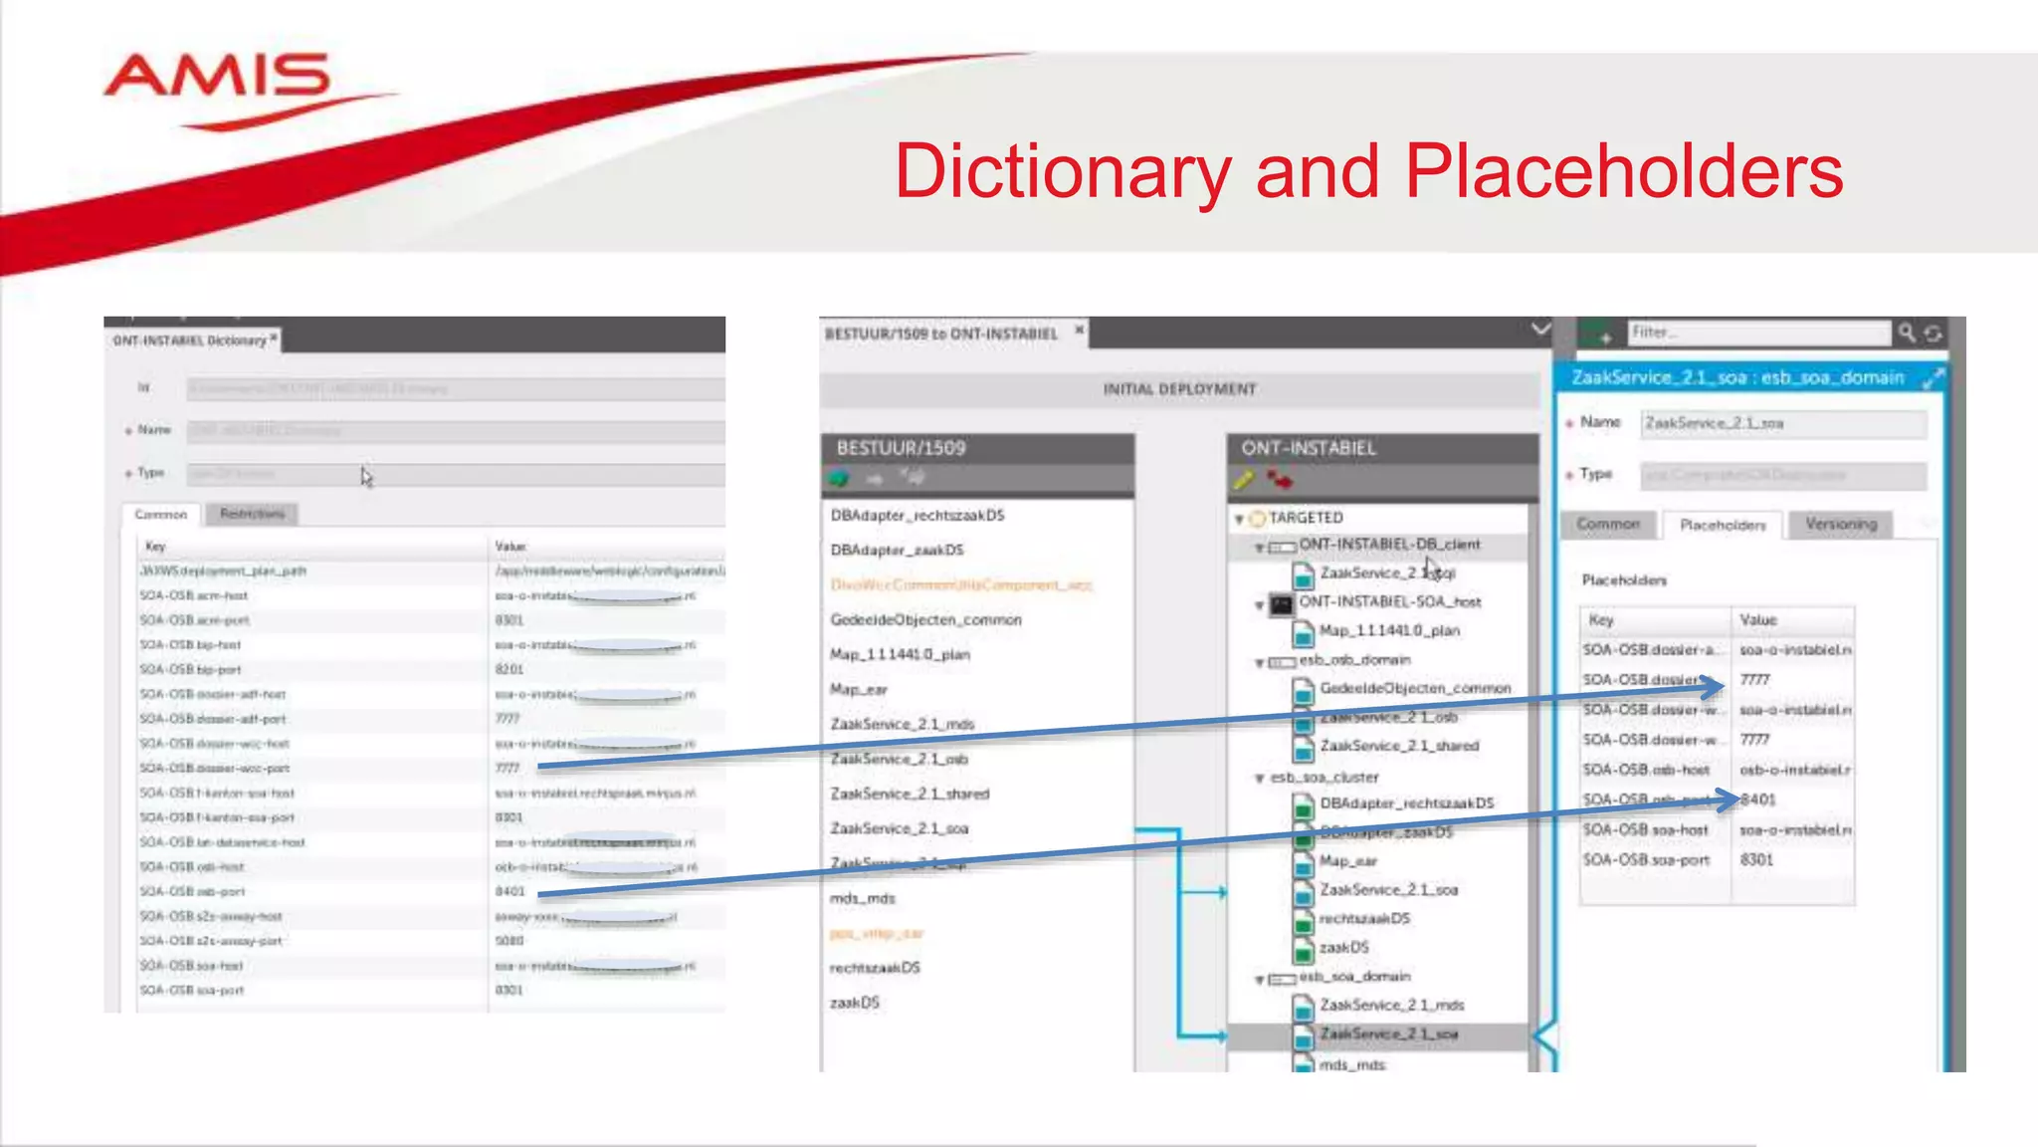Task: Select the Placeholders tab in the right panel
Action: [1722, 525]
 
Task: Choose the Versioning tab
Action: [1841, 524]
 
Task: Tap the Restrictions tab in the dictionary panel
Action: [252, 514]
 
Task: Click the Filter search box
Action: [1757, 333]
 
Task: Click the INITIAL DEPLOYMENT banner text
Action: [1179, 389]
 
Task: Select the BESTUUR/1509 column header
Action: [901, 448]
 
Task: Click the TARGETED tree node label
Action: [1306, 518]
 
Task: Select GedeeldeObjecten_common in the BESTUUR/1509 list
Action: [925, 619]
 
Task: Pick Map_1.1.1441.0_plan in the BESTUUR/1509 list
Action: [900, 654]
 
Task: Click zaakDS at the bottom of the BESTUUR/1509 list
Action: [855, 1003]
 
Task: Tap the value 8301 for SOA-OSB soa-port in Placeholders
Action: [1756, 859]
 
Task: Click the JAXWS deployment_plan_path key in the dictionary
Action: [223, 571]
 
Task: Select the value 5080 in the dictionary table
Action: [509, 940]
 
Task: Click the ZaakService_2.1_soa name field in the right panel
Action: [1782, 423]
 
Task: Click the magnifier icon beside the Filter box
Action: [1906, 333]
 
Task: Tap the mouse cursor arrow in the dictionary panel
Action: [366, 477]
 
